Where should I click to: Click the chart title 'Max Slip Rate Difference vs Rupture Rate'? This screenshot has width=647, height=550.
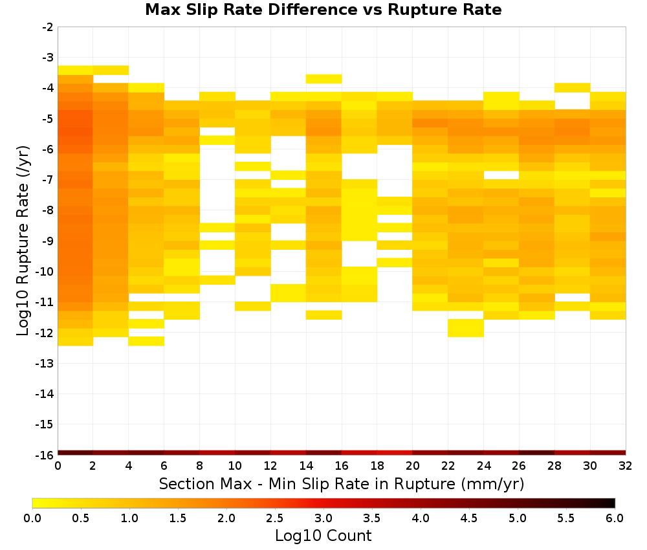pyautogui.click(x=323, y=10)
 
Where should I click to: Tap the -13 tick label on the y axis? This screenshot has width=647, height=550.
pyautogui.click(x=45, y=363)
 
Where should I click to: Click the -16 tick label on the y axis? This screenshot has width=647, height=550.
pyautogui.click(x=45, y=455)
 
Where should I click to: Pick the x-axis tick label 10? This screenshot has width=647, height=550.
pyautogui.click(x=235, y=466)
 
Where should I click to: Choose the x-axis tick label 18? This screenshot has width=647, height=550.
pyautogui.click(x=377, y=466)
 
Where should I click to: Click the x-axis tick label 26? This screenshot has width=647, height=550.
pyautogui.click(x=519, y=466)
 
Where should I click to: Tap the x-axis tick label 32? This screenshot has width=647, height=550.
pyautogui.click(x=626, y=466)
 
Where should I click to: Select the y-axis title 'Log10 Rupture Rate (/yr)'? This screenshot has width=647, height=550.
pyautogui.click(x=23, y=241)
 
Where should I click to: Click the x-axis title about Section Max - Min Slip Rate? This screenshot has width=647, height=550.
pyautogui.click(x=342, y=483)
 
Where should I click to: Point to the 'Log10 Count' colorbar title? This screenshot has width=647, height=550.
pyautogui.click(x=323, y=536)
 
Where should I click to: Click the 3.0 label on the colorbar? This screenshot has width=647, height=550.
pyautogui.click(x=323, y=518)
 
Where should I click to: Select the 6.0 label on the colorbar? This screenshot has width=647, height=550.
pyautogui.click(x=615, y=518)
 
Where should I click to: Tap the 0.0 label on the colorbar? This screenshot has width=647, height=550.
pyautogui.click(x=32, y=518)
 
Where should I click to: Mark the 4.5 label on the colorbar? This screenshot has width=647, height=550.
pyautogui.click(x=468, y=518)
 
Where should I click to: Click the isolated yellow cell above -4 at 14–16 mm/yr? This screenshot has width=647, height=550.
pyautogui.click(x=323, y=79)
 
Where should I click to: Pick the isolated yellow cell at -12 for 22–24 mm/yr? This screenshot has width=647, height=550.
pyautogui.click(x=465, y=328)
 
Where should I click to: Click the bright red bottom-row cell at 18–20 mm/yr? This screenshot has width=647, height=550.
pyautogui.click(x=395, y=453)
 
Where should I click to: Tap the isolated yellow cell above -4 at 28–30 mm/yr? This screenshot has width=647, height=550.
pyautogui.click(x=572, y=87)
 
